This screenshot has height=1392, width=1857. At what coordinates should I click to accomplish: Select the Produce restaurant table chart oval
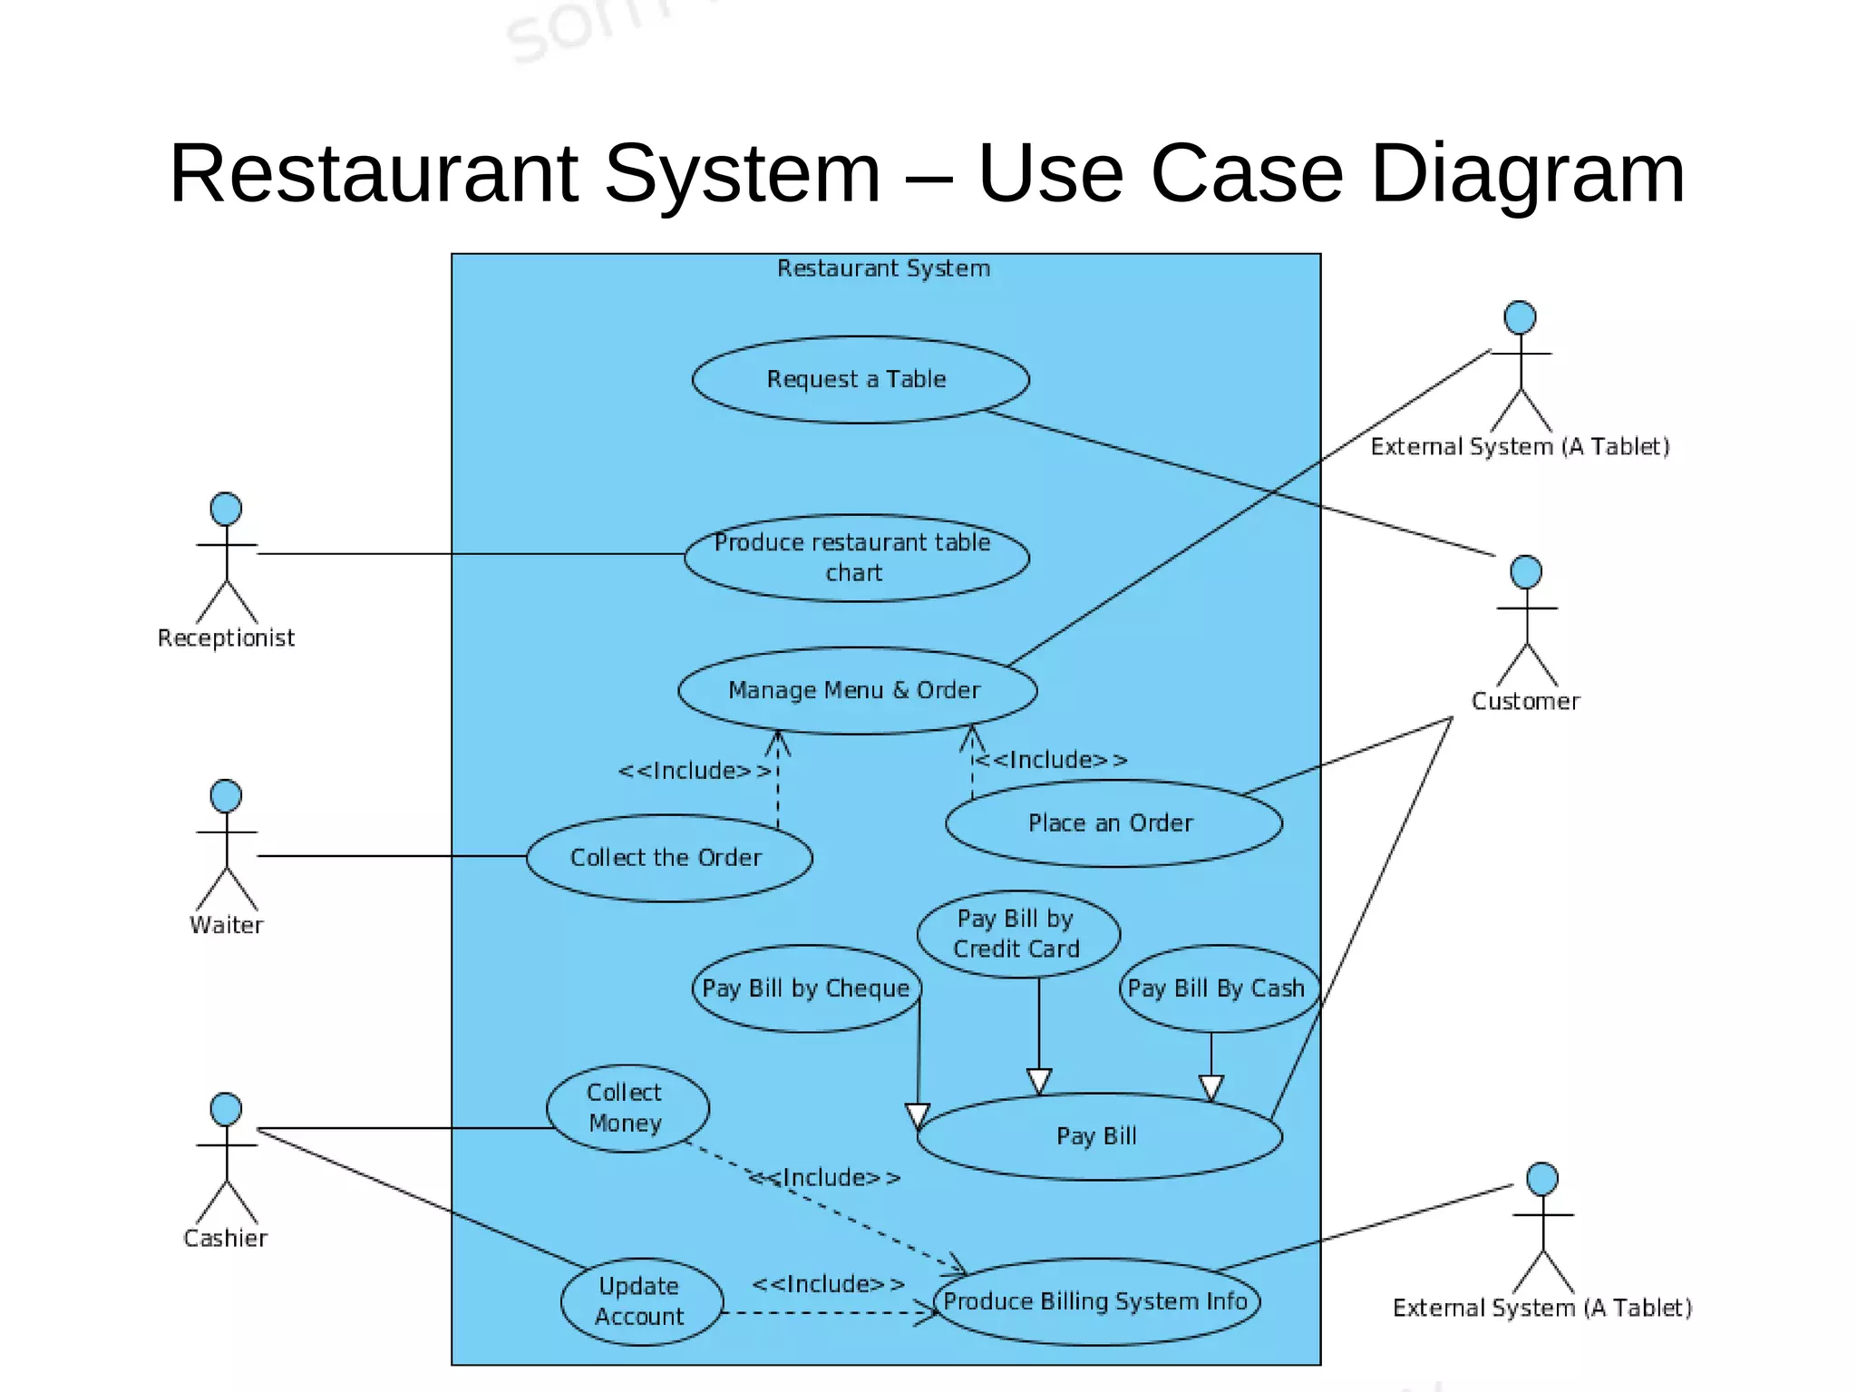pos(856,557)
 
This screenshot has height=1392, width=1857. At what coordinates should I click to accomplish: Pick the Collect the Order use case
pos(668,857)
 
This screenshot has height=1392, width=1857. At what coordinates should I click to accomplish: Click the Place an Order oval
pos(1113,823)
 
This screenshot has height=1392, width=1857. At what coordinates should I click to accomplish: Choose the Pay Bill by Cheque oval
pos(806,988)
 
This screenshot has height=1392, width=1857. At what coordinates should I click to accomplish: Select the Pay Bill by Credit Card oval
pos(1017,934)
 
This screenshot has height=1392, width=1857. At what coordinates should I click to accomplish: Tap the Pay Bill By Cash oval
pos(1217,988)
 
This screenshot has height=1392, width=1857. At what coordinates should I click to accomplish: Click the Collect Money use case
pos(627,1107)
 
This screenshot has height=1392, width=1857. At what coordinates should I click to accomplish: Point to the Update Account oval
pos(641,1300)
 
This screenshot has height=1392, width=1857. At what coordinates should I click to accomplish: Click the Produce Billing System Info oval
pos(1096,1300)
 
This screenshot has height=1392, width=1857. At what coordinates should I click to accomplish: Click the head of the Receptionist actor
pos(226,509)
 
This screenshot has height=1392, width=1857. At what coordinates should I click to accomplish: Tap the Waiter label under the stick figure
pos(227,925)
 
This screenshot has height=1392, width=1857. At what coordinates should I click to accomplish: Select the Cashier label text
pos(226,1238)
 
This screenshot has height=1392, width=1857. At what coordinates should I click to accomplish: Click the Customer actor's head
pos(1526,572)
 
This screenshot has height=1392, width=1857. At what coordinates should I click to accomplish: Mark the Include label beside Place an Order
pos(1052,759)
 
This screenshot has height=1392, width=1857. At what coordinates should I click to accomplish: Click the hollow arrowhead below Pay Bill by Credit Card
pos(1039,1081)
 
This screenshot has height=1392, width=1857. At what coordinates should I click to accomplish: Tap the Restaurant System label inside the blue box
pos(883,268)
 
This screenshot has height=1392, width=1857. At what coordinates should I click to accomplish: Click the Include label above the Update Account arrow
pos(829,1284)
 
